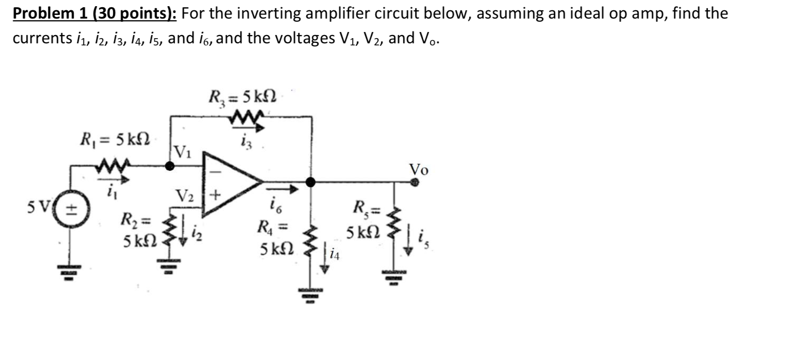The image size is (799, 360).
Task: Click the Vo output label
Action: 418,170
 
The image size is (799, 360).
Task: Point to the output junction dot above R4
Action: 310,182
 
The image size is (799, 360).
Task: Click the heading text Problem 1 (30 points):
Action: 95,13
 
